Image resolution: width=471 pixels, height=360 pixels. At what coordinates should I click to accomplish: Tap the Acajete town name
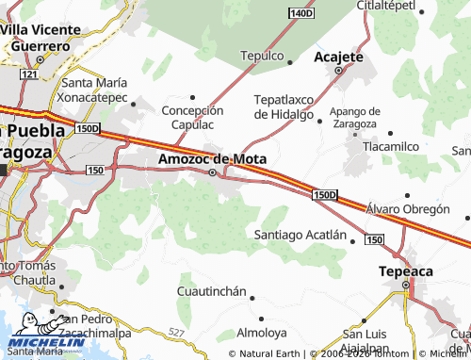337,57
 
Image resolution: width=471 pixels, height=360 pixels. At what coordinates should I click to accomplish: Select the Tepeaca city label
404,270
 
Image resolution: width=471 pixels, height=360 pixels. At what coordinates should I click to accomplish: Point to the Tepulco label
262,56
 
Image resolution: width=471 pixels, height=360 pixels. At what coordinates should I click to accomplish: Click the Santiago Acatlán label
301,235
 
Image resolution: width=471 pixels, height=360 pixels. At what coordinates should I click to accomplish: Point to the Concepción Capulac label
193,117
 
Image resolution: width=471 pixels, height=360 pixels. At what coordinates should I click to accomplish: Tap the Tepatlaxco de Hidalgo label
284,106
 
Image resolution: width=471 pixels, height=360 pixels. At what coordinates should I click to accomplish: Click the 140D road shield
300,13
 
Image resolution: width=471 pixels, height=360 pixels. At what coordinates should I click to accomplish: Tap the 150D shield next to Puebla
88,128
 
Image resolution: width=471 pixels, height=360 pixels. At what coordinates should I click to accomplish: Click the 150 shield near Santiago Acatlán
374,241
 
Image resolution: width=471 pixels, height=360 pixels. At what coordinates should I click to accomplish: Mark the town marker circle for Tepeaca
406,285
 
